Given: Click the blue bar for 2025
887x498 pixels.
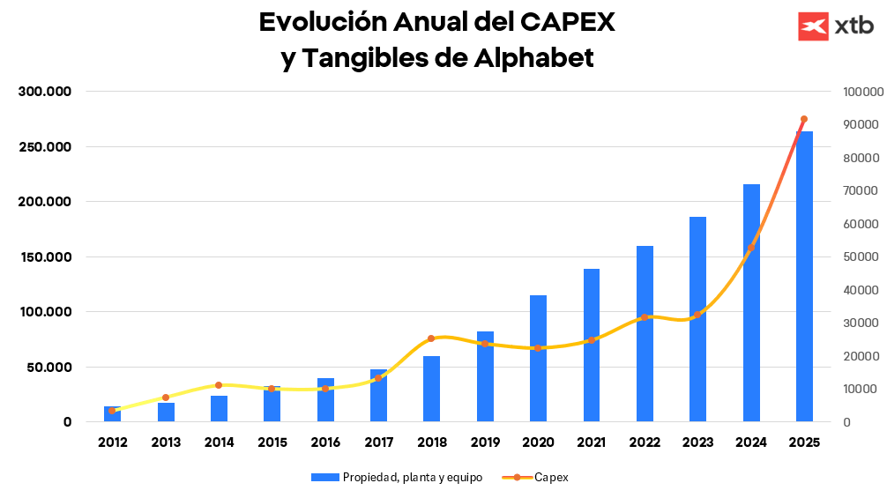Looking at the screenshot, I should pyautogui.click(x=804, y=277).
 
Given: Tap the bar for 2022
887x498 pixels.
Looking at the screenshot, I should pyautogui.click(x=645, y=334).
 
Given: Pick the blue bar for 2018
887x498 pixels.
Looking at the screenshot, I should pyautogui.click(x=431, y=389).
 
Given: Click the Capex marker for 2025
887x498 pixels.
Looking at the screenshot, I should pyautogui.click(x=803, y=119).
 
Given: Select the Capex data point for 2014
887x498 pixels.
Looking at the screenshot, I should pyautogui.click(x=219, y=385).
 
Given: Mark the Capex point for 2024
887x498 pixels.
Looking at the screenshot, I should pyautogui.click(x=750, y=249).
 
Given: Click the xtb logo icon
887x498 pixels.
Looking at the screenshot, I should pyautogui.click(x=813, y=26).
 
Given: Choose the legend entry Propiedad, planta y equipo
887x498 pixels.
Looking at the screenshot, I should pyautogui.click(x=397, y=477).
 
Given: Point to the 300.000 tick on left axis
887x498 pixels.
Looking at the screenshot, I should pyautogui.click(x=46, y=92).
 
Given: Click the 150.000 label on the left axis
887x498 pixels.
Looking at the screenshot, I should pyautogui.click(x=46, y=257).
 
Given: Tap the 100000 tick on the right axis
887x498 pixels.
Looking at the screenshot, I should pyautogui.click(x=862, y=92).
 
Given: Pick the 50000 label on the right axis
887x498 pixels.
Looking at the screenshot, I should pyautogui.click(x=862, y=257).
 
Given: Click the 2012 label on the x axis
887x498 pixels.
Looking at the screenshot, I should pyautogui.click(x=113, y=442).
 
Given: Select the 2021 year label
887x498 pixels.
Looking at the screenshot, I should pyautogui.click(x=592, y=442).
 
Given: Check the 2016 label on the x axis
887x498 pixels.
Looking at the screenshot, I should pyautogui.click(x=325, y=442).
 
